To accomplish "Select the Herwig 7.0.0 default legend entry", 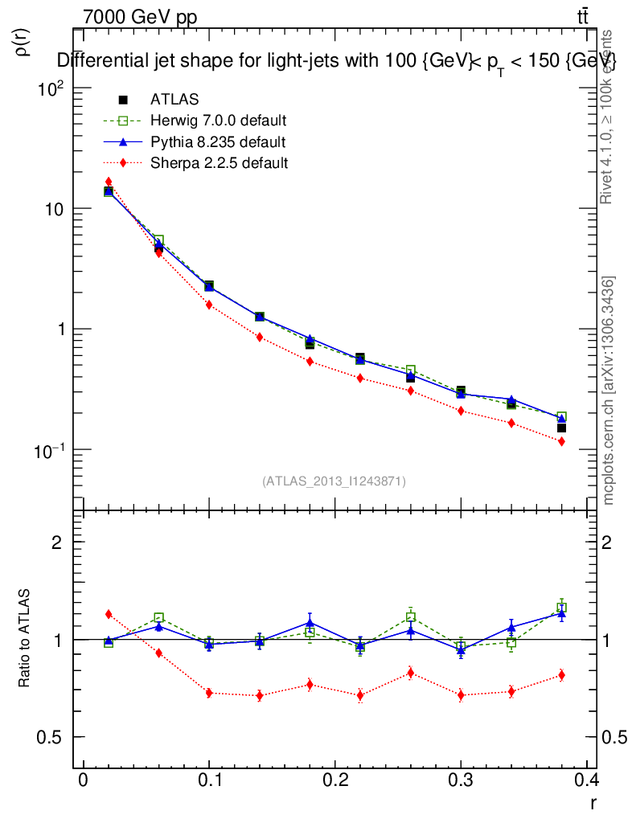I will click(x=218, y=121).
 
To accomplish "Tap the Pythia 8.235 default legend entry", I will click(x=218, y=142).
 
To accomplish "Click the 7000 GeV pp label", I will click(x=140, y=17).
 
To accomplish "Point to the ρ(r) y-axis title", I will click(x=22, y=42).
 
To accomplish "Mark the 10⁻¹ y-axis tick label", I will click(x=47, y=450).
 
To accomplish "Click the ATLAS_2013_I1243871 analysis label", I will click(x=334, y=481).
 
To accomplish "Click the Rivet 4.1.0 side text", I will click(x=609, y=117).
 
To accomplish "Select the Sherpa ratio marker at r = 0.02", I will click(x=109, y=614).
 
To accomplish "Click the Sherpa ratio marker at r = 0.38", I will click(x=561, y=675).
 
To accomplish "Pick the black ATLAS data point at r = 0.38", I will click(x=561, y=428).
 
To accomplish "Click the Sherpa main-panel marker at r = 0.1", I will click(x=209, y=305).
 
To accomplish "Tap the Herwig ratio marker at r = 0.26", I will click(x=410, y=617).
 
